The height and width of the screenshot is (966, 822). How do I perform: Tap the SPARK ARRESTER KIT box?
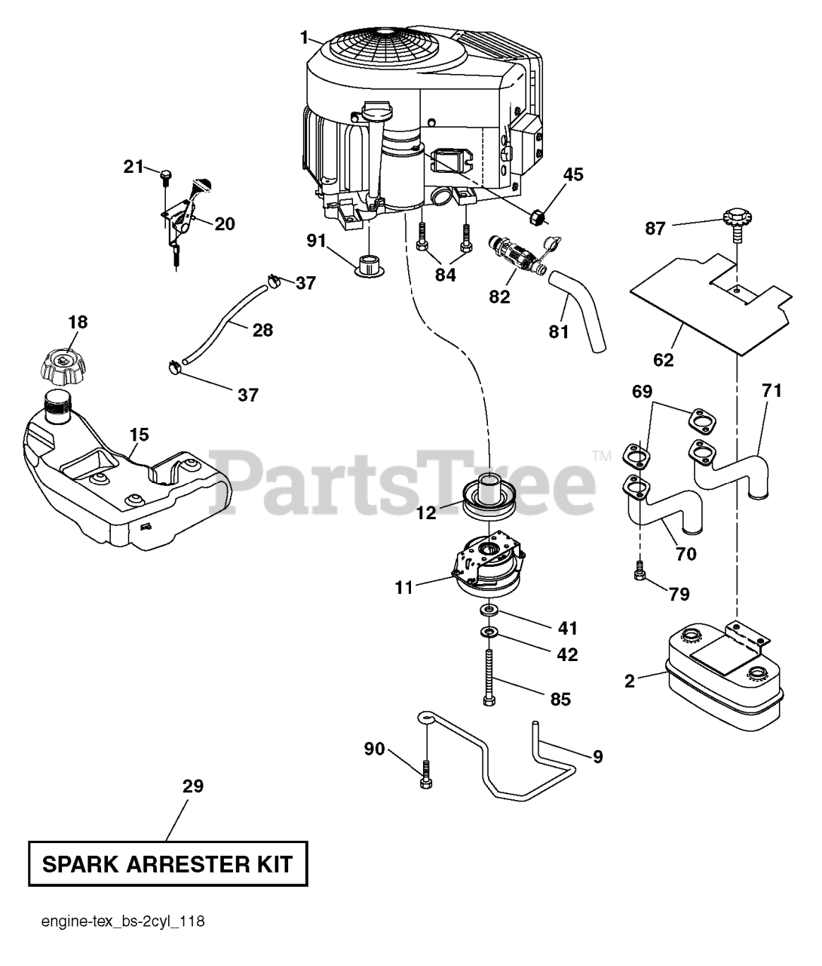point(168,863)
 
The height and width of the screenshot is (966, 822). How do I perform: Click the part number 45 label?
point(573,175)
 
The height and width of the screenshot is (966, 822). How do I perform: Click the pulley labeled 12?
point(489,498)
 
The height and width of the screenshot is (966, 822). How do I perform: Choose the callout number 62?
point(664,360)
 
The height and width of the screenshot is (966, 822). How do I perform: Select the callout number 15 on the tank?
point(139,435)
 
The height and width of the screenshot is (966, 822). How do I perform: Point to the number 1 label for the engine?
point(304,35)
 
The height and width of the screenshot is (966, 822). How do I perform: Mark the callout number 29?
point(193,786)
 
